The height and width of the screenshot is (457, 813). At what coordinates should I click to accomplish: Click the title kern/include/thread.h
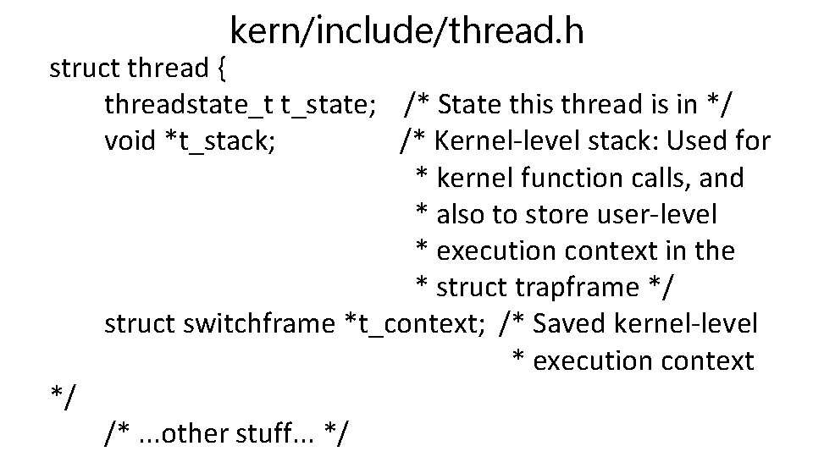(x=406, y=31)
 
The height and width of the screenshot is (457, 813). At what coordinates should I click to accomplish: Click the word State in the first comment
(x=474, y=105)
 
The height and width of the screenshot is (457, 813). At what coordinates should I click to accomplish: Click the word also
(x=461, y=214)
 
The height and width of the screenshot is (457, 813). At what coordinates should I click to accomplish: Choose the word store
(x=552, y=214)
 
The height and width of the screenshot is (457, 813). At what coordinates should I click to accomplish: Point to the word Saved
(x=568, y=324)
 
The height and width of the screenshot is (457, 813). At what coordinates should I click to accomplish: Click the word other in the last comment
(x=190, y=434)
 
